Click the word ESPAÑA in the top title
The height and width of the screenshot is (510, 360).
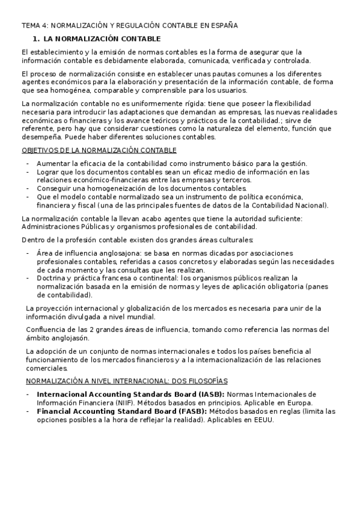point(223,25)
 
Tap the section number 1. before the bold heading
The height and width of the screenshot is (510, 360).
point(35,38)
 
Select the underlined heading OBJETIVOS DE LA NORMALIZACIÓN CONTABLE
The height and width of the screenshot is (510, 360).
point(99,150)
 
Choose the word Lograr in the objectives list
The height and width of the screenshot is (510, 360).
point(48,172)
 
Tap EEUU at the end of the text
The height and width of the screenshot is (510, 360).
point(263,420)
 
